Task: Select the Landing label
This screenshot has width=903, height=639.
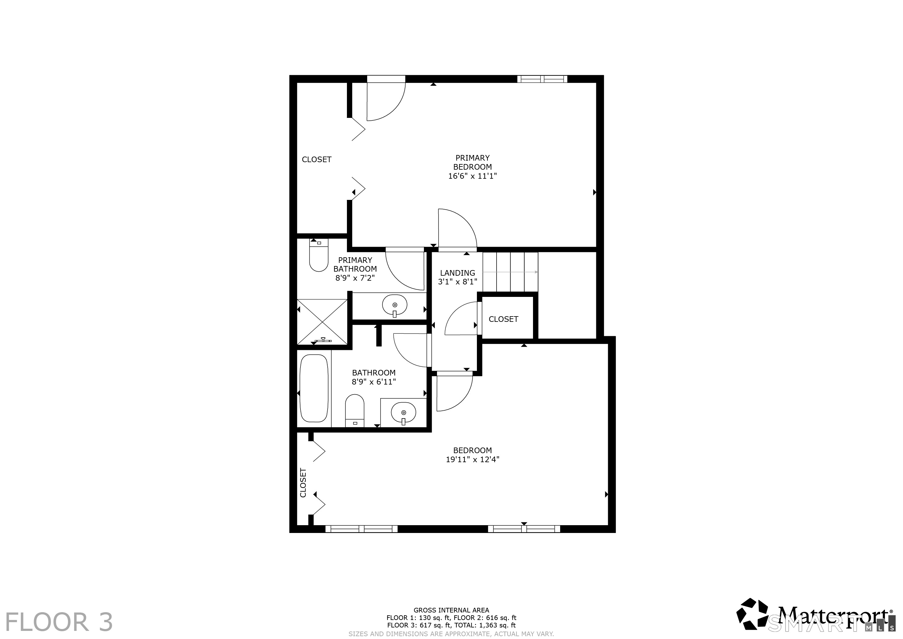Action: [x=457, y=273]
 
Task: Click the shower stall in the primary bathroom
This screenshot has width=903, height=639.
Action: [x=322, y=322]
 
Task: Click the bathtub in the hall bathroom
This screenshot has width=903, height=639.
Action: [x=314, y=388]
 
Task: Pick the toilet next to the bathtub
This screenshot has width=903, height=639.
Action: [x=355, y=410]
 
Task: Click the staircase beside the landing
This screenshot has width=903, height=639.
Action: [x=510, y=272]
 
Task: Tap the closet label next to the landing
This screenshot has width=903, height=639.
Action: [x=503, y=319]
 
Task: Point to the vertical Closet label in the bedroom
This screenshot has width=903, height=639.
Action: [x=303, y=482]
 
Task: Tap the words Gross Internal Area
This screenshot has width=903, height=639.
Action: [x=451, y=610]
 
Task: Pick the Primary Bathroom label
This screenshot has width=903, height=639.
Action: [x=355, y=264]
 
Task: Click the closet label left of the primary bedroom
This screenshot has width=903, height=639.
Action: [x=317, y=159]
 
